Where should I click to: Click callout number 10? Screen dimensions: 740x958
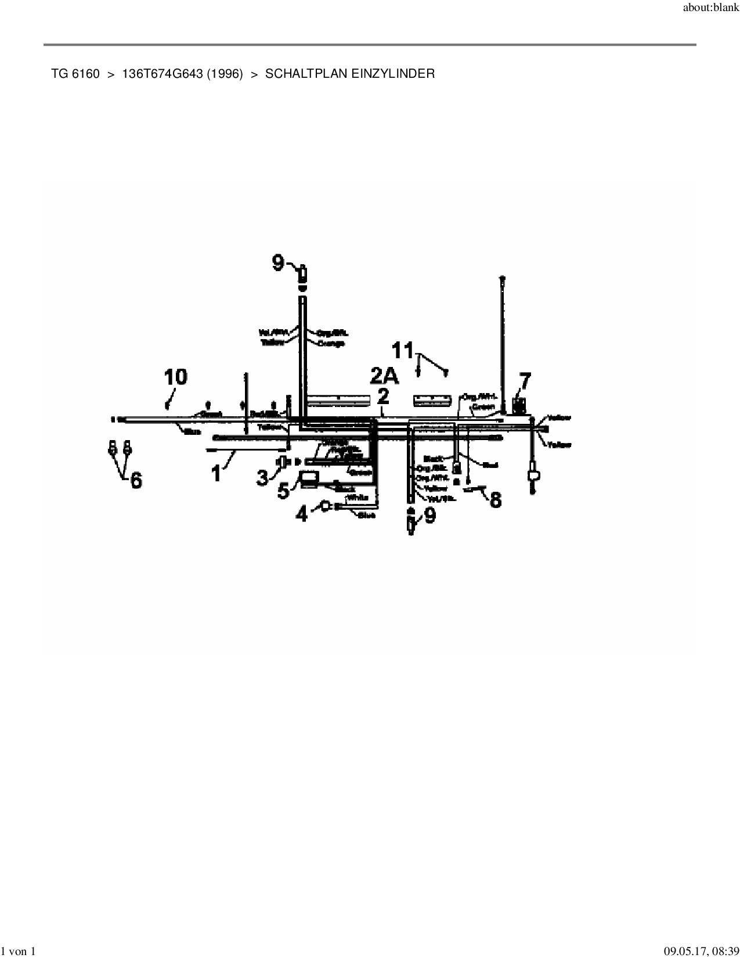(175, 377)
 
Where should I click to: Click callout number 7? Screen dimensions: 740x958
(524, 381)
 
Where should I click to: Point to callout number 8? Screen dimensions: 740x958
(495, 499)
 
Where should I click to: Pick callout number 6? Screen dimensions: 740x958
(136, 480)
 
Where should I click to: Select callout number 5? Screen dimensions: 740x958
(284, 490)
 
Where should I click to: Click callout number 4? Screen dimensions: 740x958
(302, 513)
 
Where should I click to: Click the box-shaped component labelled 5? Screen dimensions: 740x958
(308, 479)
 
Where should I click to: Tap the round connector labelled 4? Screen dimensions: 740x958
(326, 506)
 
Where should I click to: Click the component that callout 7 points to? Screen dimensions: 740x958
(519, 405)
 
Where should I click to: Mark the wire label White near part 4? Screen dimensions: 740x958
(358, 498)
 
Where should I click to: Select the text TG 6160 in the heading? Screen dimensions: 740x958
(75, 74)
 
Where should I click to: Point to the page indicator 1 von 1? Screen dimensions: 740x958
(19, 951)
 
